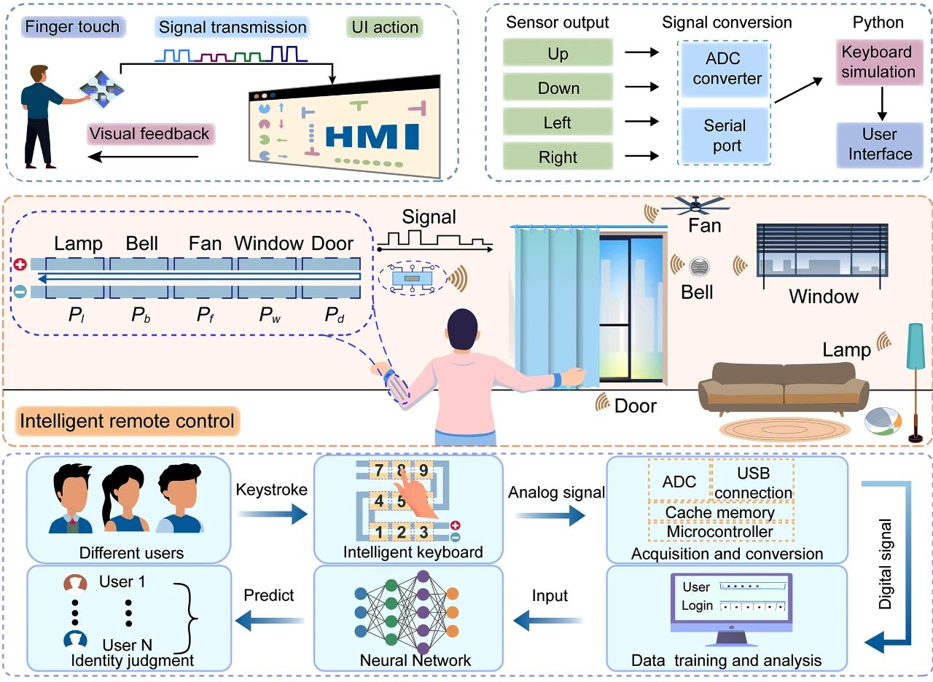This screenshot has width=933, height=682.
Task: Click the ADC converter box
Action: (727, 68)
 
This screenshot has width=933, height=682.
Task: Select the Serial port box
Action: (727, 136)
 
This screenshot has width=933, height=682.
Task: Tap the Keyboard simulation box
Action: (878, 63)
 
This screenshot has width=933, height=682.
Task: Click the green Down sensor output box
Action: (558, 88)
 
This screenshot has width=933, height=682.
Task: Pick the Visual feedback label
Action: (149, 134)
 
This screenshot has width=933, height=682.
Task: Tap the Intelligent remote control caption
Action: (128, 421)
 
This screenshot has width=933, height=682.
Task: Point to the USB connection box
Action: (753, 482)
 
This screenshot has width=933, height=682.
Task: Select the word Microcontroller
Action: (720, 532)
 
